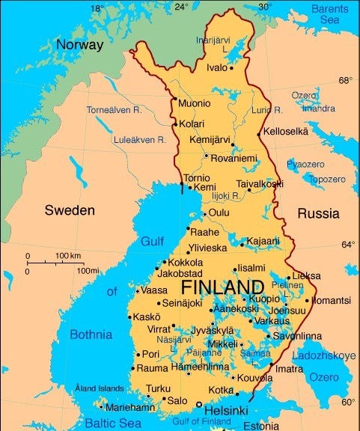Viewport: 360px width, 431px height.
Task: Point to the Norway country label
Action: point(79,45)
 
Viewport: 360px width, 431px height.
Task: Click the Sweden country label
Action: point(70,210)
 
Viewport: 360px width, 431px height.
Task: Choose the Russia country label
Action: point(318,213)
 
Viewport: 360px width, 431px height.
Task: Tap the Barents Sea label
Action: point(329,14)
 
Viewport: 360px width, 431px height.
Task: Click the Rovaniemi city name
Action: point(235,158)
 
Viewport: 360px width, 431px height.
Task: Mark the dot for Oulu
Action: point(204,213)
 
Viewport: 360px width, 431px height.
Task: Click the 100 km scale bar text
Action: point(68,257)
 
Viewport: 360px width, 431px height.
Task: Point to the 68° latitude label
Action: point(345,80)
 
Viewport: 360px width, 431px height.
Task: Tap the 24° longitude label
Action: point(181,7)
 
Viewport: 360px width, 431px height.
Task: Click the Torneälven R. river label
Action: point(114,110)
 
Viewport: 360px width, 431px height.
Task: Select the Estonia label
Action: point(261,427)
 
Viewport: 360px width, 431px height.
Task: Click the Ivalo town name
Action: point(218,68)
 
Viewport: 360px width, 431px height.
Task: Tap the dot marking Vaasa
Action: point(137,290)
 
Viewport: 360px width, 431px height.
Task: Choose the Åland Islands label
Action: point(99,388)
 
